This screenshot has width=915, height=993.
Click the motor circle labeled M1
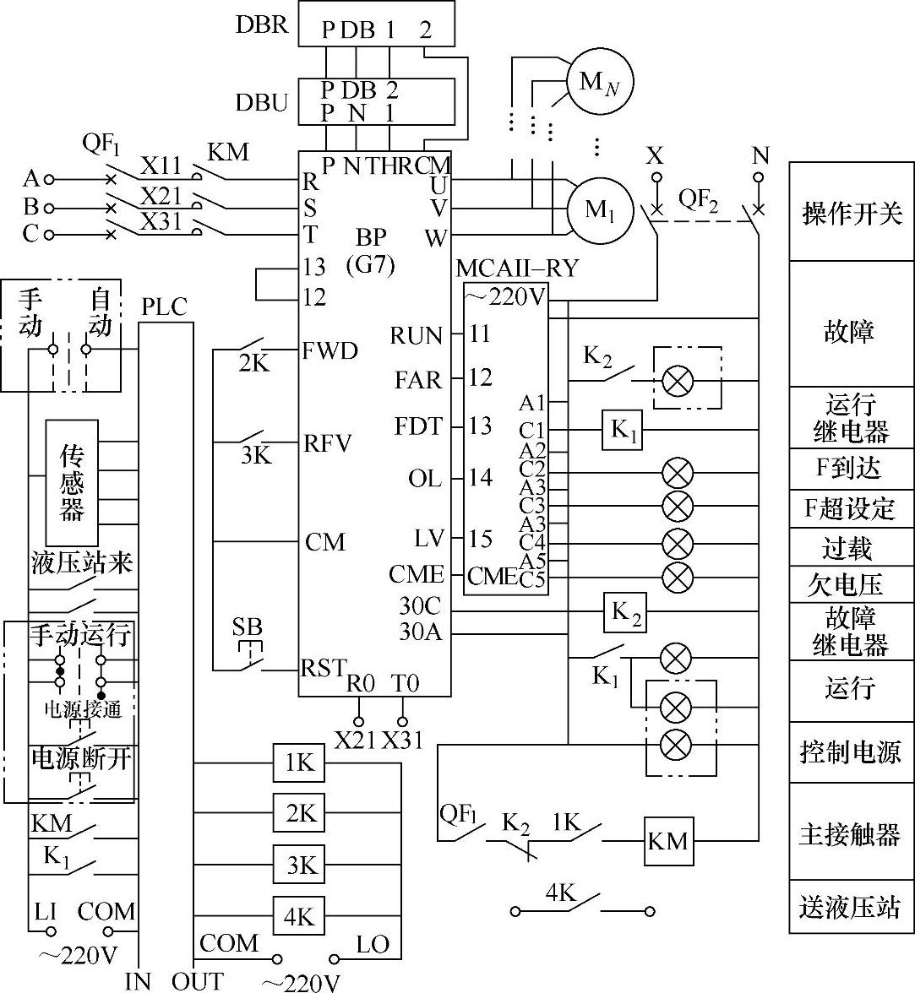[600, 210]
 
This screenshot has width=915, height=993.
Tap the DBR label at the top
[262, 24]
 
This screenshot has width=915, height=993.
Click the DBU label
[262, 103]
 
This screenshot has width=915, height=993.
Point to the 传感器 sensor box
[72, 483]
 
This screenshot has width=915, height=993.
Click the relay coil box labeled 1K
[299, 762]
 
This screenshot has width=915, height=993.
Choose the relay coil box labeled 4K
[299, 915]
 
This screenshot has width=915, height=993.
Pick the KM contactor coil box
[668, 841]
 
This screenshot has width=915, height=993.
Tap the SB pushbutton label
[247, 627]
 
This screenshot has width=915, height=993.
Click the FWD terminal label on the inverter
[330, 350]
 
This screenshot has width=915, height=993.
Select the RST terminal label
[324, 667]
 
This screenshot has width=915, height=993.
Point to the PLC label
[164, 307]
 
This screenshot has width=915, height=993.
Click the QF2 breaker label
[698, 201]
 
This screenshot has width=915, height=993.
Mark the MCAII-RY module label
[517, 269]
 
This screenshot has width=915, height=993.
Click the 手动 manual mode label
[30, 312]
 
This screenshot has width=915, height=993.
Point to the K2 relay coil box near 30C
[625, 613]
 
